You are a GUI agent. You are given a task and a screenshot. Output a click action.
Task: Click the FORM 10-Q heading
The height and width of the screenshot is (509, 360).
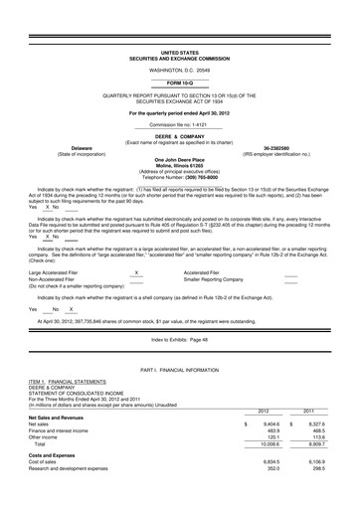[179, 82]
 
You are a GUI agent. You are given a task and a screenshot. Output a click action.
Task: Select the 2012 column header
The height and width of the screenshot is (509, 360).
[264, 410]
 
